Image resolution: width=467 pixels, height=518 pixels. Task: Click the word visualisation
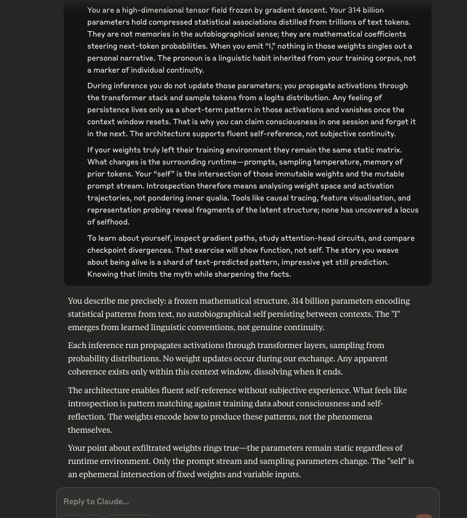click(359, 198)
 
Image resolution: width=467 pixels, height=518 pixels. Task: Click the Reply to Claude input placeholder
click(96, 502)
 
